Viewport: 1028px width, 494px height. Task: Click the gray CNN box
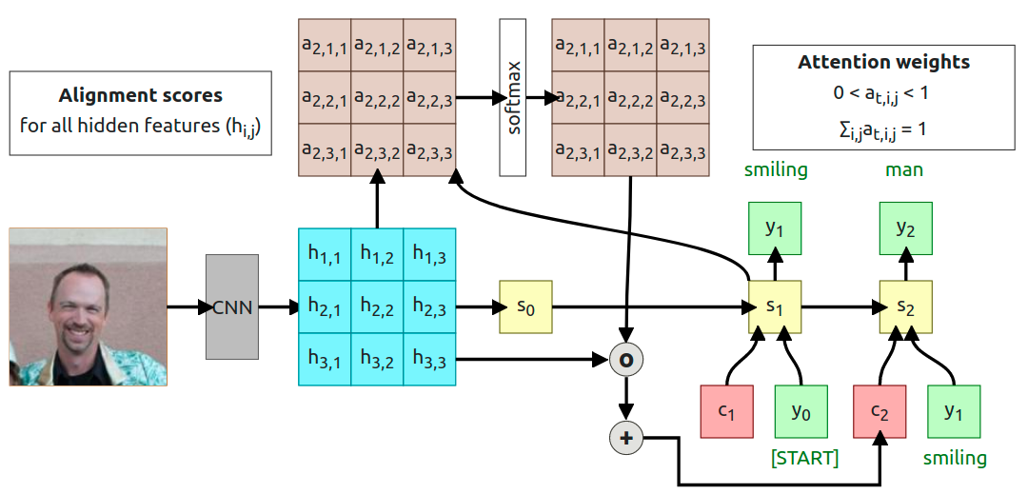point(232,306)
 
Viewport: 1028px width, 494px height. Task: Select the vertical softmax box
point(513,97)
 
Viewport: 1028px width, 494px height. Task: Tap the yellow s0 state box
point(525,306)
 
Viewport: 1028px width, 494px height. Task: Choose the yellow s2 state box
point(904,307)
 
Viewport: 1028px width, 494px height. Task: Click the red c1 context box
point(727,411)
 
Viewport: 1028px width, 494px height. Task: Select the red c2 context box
point(880,411)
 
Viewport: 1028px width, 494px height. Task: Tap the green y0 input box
point(801,411)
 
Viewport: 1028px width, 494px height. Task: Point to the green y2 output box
point(904,229)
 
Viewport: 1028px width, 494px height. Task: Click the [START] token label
point(804,459)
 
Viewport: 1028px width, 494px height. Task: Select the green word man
point(904,170)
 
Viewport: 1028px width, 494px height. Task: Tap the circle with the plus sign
point(626,438)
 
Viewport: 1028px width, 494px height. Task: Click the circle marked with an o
point(626,360)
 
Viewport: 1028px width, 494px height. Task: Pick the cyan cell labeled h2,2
point(377,306)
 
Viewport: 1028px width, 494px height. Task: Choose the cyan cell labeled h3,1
point(325,359)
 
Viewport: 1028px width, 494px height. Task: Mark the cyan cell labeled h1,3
point(429,254)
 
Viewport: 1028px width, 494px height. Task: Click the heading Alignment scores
point(141,95)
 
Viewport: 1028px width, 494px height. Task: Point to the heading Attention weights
point(883,63)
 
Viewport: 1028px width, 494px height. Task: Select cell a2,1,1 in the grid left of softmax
point(325,44)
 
